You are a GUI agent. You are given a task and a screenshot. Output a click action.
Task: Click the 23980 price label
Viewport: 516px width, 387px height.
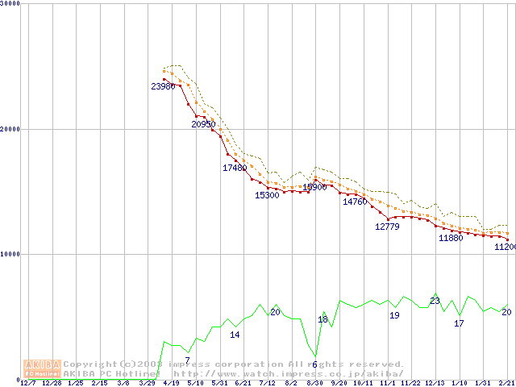pyautogui.click(x=163, y=86)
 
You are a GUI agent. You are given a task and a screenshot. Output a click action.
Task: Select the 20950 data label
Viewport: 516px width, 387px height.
pyautogui.click(x=203, y=124)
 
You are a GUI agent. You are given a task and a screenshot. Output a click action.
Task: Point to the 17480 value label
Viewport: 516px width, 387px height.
pyautogui.click(x=235, y=168)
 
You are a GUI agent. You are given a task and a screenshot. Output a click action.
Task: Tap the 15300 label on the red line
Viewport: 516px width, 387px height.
pyautogui.click(x=267, y=195)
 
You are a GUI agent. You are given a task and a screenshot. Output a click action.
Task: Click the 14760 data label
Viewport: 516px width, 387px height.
pyautogui.click(x=355, y=202)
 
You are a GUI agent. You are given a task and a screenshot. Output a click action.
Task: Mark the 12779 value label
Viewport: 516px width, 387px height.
pyautogui.click(x=387, y=227)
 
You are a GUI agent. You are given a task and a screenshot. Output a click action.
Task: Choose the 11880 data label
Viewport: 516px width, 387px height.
pyautogui.click(x=451, y=239)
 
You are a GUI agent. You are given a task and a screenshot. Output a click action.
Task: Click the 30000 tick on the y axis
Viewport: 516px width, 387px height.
pyautogui.click(x=10, y=4)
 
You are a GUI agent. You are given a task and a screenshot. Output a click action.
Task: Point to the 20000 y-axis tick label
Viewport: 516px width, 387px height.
pyautogui.click(x=10, y=129)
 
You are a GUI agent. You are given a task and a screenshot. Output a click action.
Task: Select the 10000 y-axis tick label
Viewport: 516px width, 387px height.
pyautogui.click(x=10, y=254)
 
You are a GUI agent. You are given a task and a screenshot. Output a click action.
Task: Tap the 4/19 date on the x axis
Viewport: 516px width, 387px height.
pyautogui.click(x=170, y=383)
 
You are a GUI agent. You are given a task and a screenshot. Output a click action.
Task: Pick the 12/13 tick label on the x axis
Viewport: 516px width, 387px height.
pyautogui.click(x=435, y=383)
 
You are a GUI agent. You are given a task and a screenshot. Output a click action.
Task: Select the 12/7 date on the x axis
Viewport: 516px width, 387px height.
pyautogui.click(x=27, y=383)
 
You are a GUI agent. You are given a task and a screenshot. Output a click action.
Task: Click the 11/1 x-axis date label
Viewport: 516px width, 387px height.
pyautogui.click(x=387, y=383)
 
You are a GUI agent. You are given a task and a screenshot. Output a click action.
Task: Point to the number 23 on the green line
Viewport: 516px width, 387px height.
pyautogui.click(x=435, y=301)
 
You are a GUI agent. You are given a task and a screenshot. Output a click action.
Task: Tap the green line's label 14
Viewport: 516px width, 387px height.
pyautogui.click(x=235, y=335)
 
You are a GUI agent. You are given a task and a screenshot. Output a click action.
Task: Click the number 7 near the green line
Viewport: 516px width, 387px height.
pyautogui.click(x=187, y=360)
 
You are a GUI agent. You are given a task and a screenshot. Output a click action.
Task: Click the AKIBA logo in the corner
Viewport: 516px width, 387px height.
pyautogui.click(x=41, y=368)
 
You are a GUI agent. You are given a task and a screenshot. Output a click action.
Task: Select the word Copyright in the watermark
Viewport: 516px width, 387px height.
pyautogui.click(x=89, y=364)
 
